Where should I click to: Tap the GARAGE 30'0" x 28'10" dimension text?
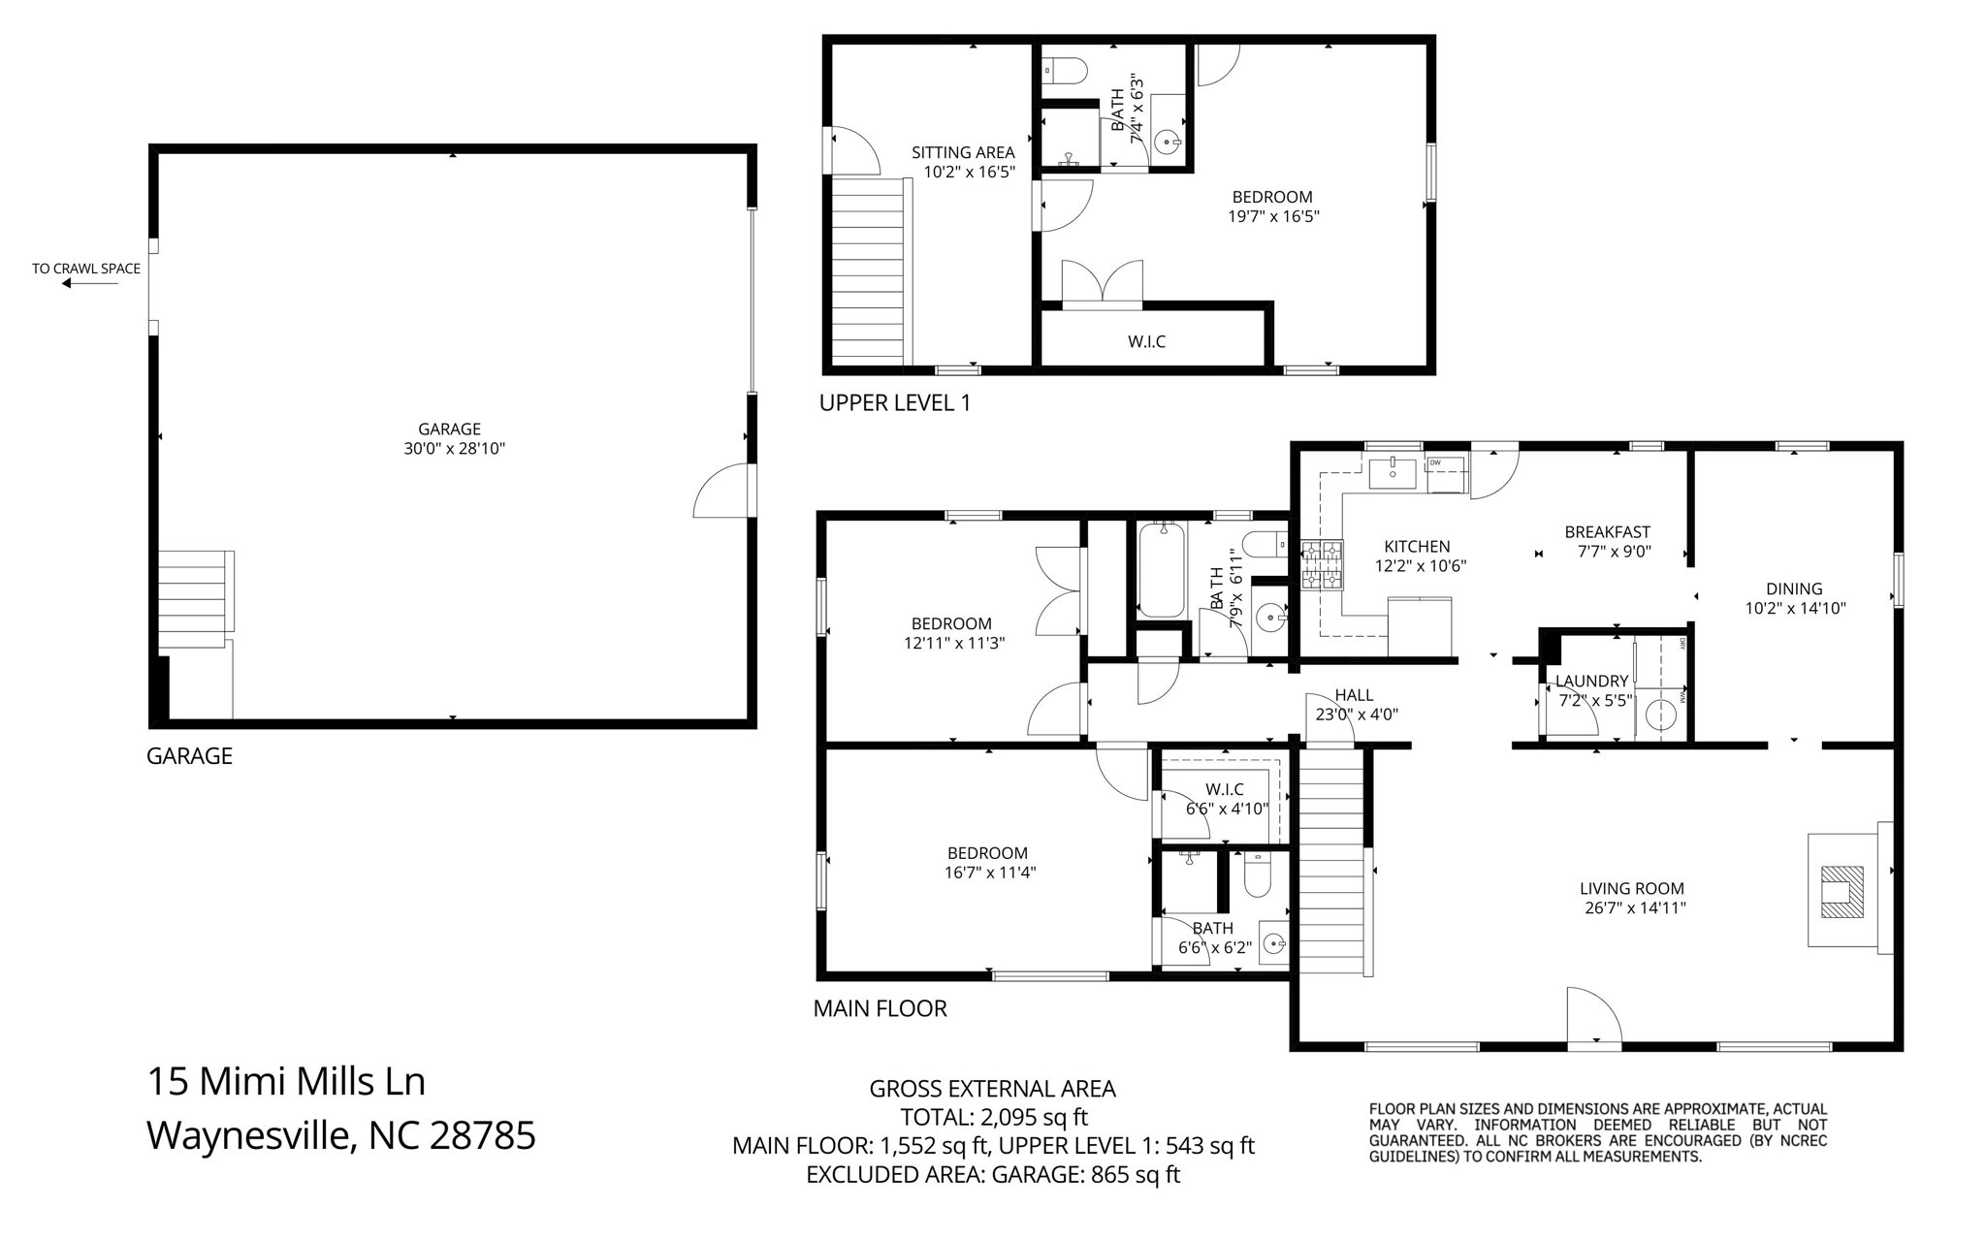coord(455,449)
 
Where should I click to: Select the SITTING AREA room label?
coord(963,152)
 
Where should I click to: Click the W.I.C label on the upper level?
coord(1146,341)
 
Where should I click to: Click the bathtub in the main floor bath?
coord(1161,570)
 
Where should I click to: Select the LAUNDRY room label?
coord(1591,682)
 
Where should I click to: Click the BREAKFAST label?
coord(1607,531)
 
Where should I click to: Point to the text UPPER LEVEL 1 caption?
coord(895,402)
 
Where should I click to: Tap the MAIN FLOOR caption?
coord(880,1008)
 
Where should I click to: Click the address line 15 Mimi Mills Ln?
coord(286,1081)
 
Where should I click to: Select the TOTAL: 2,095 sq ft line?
coord(993,1117)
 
